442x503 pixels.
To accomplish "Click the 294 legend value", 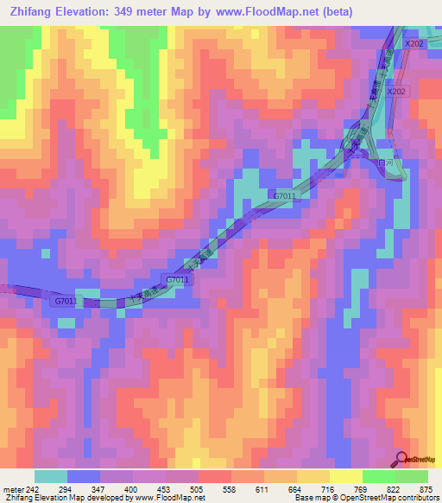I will coord(62,489).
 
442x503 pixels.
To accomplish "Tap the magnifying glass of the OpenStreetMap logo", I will coord(401,459).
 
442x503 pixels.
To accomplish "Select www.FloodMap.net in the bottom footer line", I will coord(168,498).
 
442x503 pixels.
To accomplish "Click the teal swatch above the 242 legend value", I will coord(50,476).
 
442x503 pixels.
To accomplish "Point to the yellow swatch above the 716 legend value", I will coord(313,476).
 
